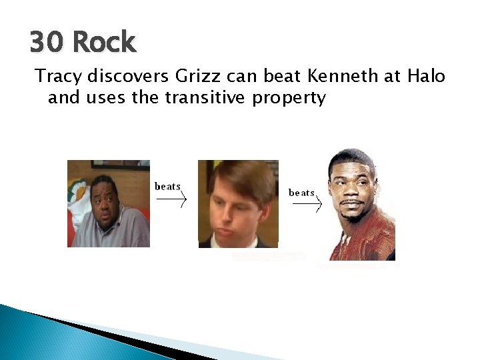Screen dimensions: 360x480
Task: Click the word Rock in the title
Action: [103, 43]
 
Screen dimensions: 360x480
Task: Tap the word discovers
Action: [129, 77]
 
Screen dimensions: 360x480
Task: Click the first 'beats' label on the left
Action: [167, 186]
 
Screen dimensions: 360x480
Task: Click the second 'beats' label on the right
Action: [301, 192]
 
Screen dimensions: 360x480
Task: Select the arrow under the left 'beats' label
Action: [173, 199]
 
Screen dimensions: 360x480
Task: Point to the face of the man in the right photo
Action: [353, 190]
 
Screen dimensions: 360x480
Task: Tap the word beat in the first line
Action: [277, 77]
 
